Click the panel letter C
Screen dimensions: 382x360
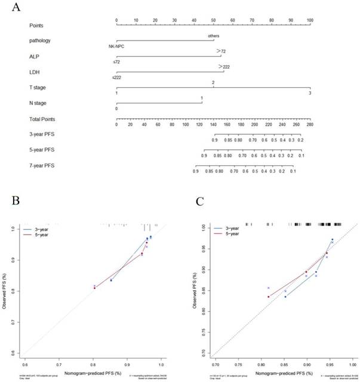(x=190, y=198)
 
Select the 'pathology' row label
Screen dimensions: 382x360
(x=41, y=41)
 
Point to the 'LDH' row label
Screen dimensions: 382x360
(x=35, y=72)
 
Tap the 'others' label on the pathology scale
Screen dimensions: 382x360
(x=214, y=36)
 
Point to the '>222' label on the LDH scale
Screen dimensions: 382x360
(x=225, y=66)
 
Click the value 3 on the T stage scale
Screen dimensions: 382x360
(x=310, y=93)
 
